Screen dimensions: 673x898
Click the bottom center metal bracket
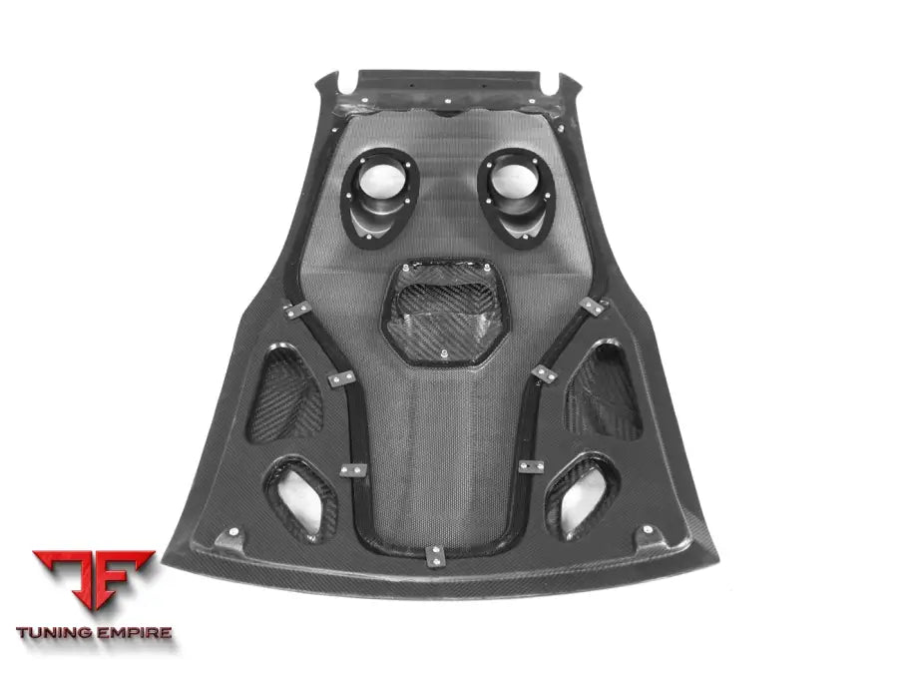click(x=436, y=555)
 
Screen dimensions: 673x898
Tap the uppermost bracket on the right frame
click(x=592, y=307)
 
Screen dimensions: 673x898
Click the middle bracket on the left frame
click(x=341, y=379)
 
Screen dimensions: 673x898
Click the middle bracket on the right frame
click(x=545, y=373)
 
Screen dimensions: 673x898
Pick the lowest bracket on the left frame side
click(x=350, y=469)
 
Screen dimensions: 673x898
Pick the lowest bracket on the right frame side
click(x=530, y=465)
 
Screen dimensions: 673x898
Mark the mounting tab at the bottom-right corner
click(x=652, y=537)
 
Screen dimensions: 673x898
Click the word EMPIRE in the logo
click(x=134, y=632)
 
